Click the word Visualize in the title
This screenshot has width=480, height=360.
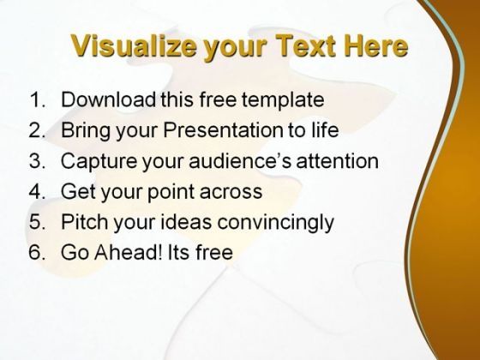134,46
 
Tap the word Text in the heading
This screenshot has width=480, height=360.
306,45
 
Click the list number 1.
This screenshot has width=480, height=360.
38,99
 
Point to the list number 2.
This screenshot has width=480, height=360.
37,129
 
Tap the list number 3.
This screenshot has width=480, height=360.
37,160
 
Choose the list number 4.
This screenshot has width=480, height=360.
37,191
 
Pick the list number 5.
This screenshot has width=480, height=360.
37,221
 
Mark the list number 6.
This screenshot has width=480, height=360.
37,252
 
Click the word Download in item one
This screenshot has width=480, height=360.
109,99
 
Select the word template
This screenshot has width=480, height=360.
283,101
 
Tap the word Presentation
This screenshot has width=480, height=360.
223,129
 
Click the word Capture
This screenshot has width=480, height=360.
99,162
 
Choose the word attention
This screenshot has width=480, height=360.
338,160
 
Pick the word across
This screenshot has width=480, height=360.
231,192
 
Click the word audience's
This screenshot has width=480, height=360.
240,160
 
